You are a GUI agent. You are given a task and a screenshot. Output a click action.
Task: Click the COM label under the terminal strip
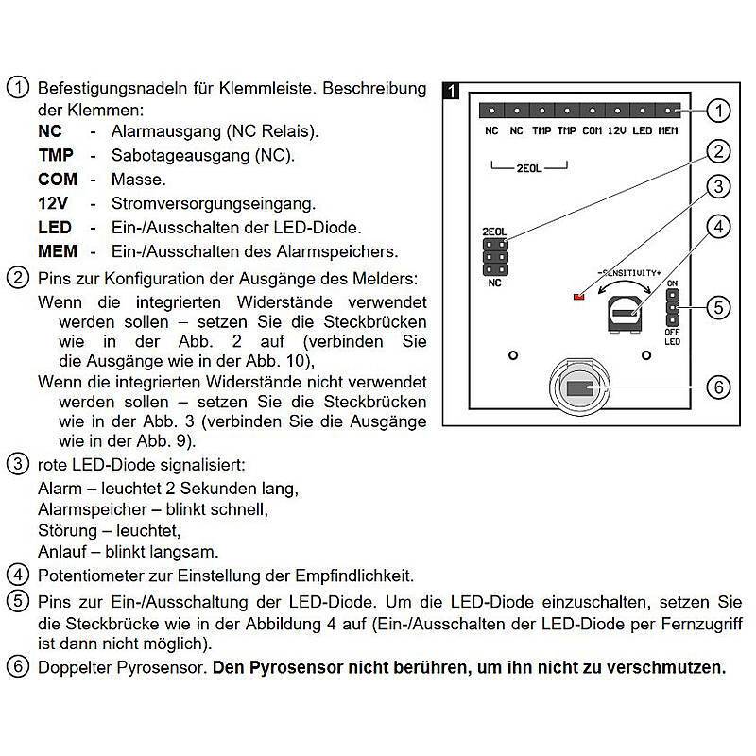point(593,130)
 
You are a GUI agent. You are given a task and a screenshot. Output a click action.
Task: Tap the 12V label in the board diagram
point(617,130)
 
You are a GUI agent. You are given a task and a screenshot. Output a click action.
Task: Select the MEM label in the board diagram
point(667,130)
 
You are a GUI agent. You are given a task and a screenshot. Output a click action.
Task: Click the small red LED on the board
point(578,298)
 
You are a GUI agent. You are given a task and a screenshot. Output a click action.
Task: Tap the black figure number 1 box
point(453,91)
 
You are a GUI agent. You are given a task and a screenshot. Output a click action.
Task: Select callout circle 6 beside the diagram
point(719,387)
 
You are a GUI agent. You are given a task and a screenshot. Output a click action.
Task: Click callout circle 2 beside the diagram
point(719,150)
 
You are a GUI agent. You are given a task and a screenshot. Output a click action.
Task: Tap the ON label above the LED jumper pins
point(672,283)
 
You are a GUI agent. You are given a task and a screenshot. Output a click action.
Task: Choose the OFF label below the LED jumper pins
point(672,332)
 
